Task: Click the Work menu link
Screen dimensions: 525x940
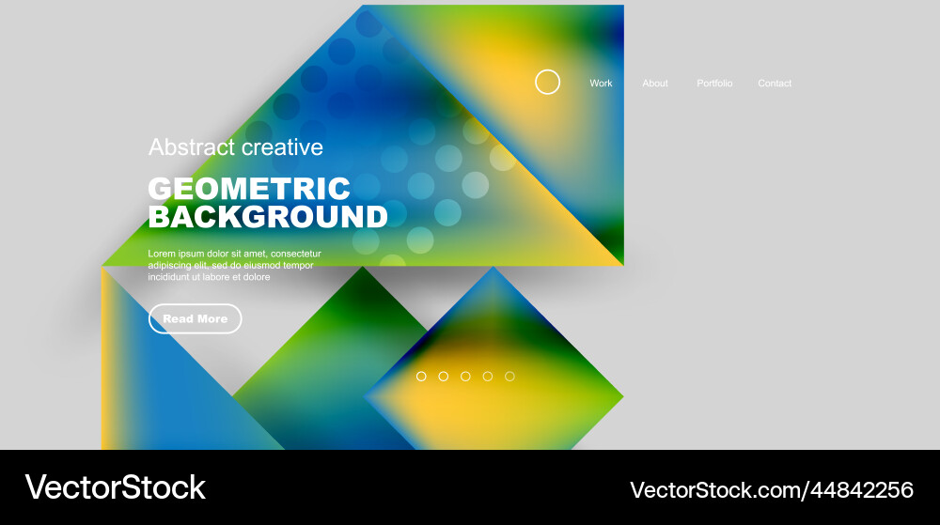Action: tap(601, 84)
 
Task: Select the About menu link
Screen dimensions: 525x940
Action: tap(655, 84)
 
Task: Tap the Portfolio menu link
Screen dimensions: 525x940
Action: tap(714, 84)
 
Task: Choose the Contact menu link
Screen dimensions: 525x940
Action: tap(775, 84)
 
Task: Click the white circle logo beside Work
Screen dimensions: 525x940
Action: tap(547, 83)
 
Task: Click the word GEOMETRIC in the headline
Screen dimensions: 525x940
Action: tap(249, 188)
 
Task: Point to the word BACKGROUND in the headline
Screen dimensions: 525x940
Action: tap(268, 217)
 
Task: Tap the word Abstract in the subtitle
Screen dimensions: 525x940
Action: tap(192, 147)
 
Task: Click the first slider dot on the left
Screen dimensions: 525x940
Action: tap(421, 377)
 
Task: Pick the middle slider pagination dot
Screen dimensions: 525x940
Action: tap(465, 377)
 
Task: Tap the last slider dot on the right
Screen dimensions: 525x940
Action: tap(509, 377)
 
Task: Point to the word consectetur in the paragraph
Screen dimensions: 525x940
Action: tap(295, 254)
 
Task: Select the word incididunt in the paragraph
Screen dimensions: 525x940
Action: tap(170, 277)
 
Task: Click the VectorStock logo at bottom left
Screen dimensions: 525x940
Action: tap(115, 487)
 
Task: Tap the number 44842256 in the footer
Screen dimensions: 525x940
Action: tap(864, 489)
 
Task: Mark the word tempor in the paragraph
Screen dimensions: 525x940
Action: tap(296, 266)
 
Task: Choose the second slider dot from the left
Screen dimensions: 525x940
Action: tap(443, 377)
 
